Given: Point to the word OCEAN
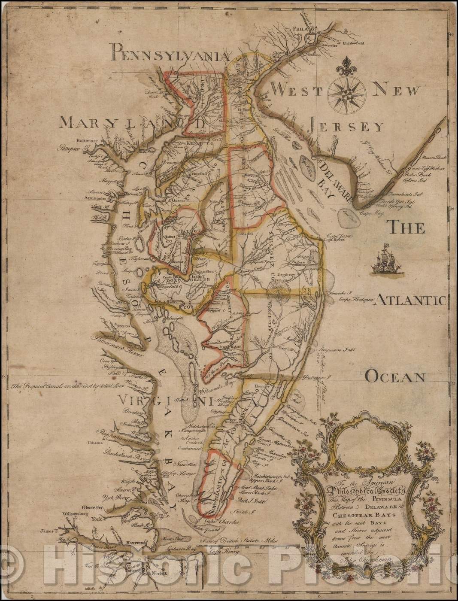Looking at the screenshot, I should [394, 376].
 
